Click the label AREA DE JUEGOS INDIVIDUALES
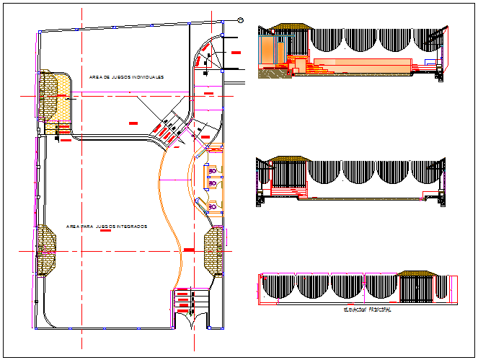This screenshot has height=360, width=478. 127,76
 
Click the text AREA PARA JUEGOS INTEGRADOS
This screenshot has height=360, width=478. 107,227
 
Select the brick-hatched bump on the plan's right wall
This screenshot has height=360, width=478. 214,250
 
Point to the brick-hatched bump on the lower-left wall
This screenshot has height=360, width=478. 45,250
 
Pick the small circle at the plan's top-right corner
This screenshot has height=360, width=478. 239,19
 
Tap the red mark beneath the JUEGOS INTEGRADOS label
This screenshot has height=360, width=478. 105,234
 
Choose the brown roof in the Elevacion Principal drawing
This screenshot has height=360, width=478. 417,274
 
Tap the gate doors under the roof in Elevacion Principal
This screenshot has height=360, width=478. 417,290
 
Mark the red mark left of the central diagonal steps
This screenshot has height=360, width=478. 133,124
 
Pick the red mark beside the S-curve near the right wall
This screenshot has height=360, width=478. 189,249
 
